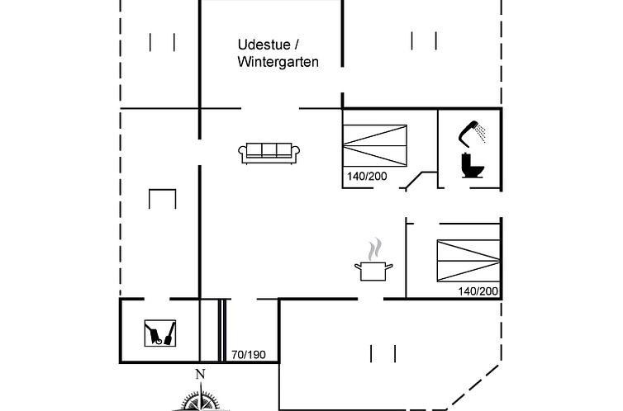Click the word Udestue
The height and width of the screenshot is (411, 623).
[264, 45]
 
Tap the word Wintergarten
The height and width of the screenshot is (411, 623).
[278, 62]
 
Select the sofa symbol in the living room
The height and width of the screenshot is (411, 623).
[269, 154]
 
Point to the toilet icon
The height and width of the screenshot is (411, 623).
[473, 165]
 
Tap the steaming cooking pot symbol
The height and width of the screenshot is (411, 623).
[373, 260]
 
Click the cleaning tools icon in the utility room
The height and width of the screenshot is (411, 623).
[159, 333]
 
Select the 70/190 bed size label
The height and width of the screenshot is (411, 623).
[249, 354]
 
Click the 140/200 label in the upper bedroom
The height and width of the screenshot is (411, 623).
[367, 176]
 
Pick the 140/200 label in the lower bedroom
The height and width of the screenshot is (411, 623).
[478, 291]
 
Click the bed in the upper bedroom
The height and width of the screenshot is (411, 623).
[374, 145]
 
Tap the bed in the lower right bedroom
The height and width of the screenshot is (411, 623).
[468, 261]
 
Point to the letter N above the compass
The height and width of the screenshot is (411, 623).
[200, 374]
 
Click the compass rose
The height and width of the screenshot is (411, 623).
[202, 399]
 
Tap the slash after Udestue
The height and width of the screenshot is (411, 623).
[297, 45]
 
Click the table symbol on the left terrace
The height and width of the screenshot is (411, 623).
[162, 199]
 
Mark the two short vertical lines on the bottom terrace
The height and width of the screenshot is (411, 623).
[383, 353]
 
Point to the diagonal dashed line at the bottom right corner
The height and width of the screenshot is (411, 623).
[473, 387]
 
